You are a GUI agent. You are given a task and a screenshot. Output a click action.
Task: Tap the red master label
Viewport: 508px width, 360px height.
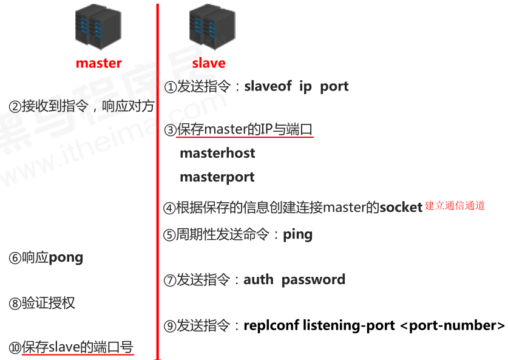pyautogui.click(x=98, y=63)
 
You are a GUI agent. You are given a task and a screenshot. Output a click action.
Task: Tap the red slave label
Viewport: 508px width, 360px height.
pyautogui.click(x=209, y=63)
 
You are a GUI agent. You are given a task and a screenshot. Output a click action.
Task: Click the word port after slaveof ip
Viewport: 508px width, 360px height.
pyautogui.click(x=334, y=86)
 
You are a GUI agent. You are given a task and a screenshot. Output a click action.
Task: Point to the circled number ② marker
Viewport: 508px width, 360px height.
pyautogui.click(x=15, y=107)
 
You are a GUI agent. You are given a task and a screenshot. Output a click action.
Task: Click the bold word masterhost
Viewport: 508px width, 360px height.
pyautogui.click(x=217, y=153)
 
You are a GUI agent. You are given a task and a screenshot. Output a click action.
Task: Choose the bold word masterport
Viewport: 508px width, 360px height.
pyautogui.click(x=217, y=177)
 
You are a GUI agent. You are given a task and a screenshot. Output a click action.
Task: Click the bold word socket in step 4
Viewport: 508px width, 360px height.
pyautogui.click(x=401, y=208)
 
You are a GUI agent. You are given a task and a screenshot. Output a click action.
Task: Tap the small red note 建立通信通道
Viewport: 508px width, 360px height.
pyautogui.click(x=455, y=206)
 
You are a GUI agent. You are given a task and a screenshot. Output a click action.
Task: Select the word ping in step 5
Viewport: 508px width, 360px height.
pyautogui.click(x=297, y=235)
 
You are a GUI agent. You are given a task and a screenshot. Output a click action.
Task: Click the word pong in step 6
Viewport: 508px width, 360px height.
pyautogui.click(x=66, y=257)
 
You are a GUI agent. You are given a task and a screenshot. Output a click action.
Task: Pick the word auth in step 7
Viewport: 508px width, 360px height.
pyautogui.click(x=259, y=280)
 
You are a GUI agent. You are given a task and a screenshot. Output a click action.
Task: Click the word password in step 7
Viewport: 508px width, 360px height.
pyautogui.click(x=313, y=280)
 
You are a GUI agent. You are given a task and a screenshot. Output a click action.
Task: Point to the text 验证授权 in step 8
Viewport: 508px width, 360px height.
pyautogui.click(x=49, y=303)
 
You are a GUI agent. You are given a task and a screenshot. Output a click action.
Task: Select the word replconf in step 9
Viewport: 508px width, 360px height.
pyautogui.click(x=271, y=325)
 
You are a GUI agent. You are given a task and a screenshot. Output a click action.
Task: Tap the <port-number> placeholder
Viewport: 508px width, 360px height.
pyautogui.click(x=452, y=325)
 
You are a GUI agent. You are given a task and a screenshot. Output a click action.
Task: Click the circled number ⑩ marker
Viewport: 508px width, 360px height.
pyautogui.click(x=15, y=348)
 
